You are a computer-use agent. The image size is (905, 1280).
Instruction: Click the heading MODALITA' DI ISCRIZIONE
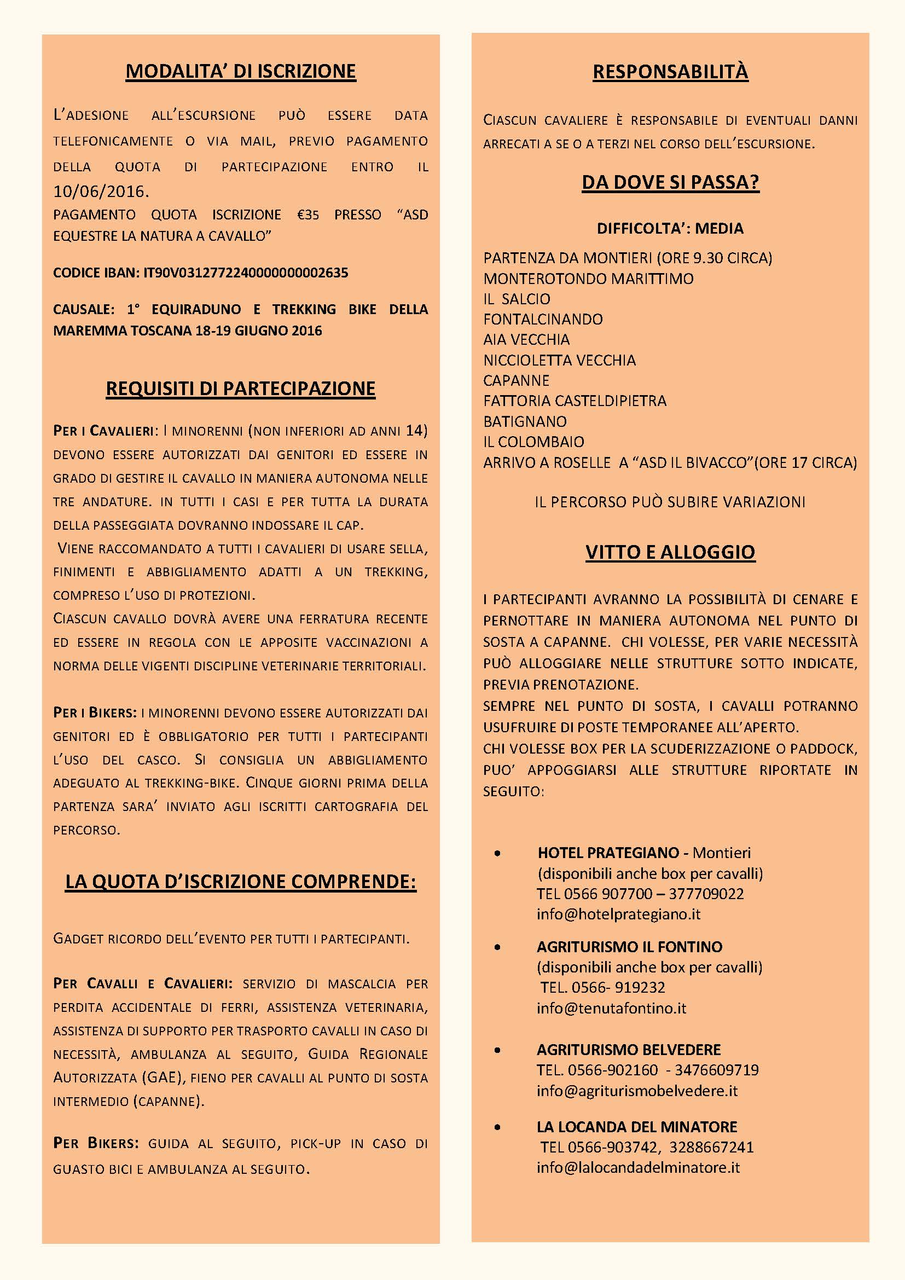pos(241,71)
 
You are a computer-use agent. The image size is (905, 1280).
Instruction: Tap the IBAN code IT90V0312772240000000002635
pos(246,273)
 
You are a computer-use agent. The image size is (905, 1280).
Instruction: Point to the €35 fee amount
pos(308,215)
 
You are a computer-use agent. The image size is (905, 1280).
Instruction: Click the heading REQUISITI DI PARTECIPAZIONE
pos(241,389)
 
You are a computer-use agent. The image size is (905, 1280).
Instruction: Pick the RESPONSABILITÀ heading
pos(670,72)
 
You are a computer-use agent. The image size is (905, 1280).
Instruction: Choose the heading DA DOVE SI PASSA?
pos(670,182)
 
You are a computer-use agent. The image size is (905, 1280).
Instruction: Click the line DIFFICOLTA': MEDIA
pos(670,229)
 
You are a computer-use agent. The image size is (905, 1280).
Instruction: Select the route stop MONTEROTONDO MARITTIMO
pos(589,279)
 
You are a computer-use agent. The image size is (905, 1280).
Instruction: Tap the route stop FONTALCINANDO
pos(543,320)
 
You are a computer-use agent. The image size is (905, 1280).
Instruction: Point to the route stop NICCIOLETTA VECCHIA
pos(560,360)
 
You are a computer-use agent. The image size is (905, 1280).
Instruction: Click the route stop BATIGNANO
pos(525,421)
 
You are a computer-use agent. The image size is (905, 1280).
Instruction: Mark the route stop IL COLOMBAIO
pos(533,442)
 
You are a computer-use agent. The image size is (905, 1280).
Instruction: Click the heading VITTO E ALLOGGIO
pos(670,552)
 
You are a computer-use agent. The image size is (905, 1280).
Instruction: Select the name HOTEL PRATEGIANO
pos(608,853)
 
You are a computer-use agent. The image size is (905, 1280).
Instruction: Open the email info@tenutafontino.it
pos(611,1008)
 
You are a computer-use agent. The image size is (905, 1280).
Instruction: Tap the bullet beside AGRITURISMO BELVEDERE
pos(497,1050)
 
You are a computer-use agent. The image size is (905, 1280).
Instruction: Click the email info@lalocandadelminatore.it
pos(638,1168)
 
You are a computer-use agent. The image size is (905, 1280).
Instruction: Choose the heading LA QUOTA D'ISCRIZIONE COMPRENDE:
pos(241,882)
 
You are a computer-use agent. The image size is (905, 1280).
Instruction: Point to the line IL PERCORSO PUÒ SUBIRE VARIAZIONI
pos(670,502)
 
